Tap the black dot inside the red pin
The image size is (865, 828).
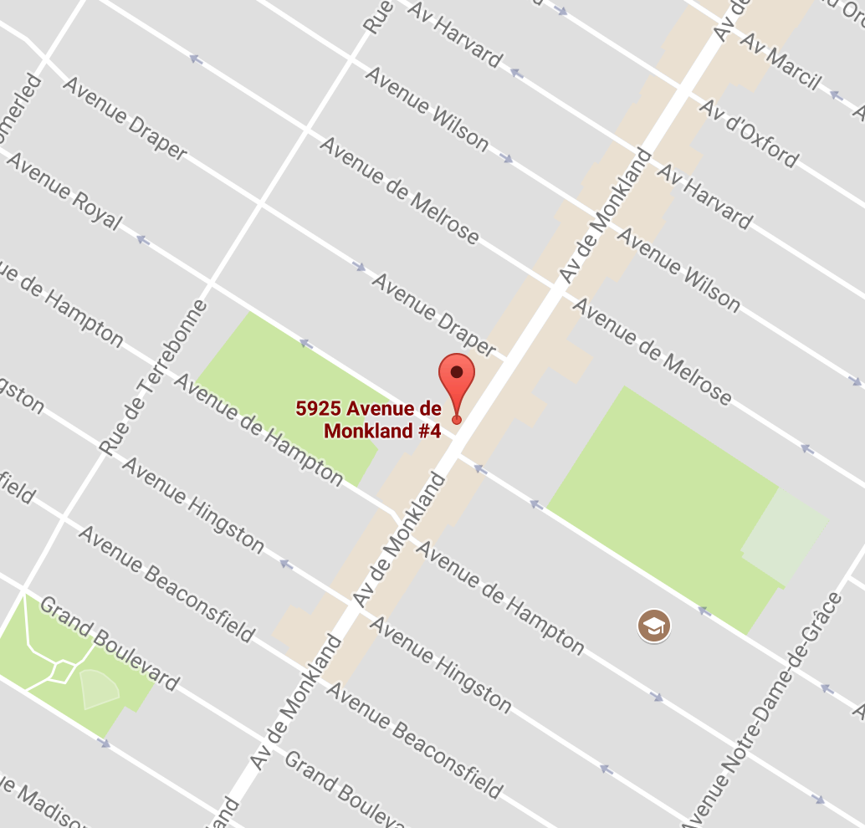coord(457,372)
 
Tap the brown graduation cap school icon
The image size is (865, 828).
coord(653,625)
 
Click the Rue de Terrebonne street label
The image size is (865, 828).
coord(152,377)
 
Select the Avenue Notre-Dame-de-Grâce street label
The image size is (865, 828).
coord(765,711)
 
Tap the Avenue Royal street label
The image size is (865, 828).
coord(64,192)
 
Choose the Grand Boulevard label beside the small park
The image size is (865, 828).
coord(109,644)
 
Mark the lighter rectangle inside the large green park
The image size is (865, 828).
coord(785,536)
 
